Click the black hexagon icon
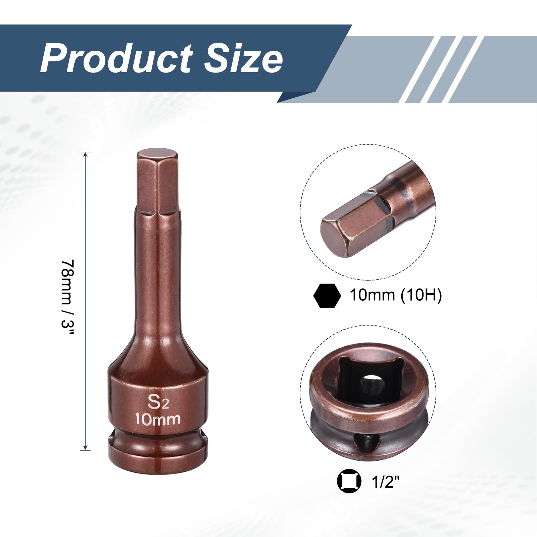click(x=327, y=295)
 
